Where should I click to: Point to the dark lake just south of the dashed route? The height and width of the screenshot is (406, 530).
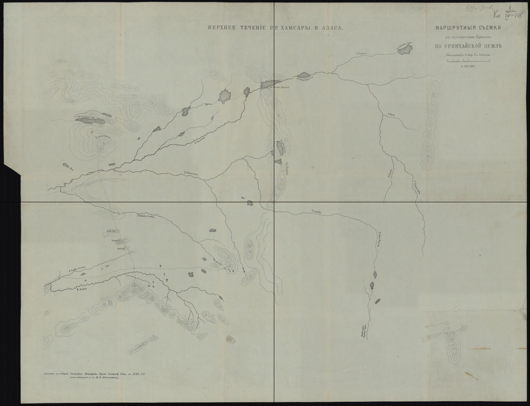point(191,273)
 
